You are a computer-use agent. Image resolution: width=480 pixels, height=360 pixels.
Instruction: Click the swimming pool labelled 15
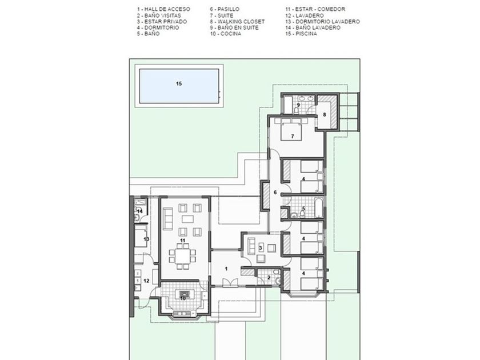[179, 86]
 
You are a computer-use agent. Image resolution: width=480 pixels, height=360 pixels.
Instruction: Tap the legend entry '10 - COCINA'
[225, 34]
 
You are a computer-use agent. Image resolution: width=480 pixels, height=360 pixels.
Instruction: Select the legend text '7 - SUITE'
[222, 15]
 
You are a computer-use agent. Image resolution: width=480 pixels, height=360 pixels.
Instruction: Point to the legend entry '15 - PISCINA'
[301, 34]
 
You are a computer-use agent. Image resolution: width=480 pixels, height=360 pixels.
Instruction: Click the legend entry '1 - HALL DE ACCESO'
[163, 9]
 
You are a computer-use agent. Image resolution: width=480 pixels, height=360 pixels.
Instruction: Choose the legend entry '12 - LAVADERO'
[305, 15]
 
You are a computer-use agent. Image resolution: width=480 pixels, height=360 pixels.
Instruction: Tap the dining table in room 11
[182, 254]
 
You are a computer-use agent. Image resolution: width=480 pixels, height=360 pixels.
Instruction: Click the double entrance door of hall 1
[230, 283]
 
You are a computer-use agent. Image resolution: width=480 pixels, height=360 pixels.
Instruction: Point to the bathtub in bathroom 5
[318, 207]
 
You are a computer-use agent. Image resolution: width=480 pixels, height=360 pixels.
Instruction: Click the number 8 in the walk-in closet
[325, 115]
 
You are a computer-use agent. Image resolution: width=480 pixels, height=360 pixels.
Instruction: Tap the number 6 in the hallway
[275, 192]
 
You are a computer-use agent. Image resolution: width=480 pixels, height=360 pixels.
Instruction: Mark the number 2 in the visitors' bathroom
[269, 278]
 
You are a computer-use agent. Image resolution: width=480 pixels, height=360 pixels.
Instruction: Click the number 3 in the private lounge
[261, 248]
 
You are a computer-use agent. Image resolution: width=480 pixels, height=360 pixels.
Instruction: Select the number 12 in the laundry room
[146, 281]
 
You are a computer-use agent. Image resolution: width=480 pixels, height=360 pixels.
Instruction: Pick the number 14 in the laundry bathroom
[139, 211]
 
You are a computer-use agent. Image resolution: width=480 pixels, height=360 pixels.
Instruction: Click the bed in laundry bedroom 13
[141, 237]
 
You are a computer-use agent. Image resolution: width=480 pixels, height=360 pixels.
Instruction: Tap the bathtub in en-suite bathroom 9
[288, 105]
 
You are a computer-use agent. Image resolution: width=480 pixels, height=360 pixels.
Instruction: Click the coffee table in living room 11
[188, 219]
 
